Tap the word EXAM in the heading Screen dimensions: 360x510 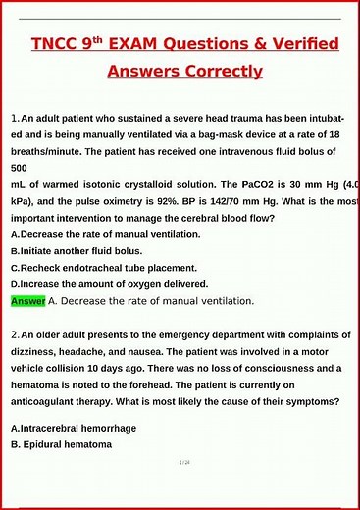point(148,44)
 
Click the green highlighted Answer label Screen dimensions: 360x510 point(27,301)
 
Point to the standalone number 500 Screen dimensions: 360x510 point(20,168)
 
